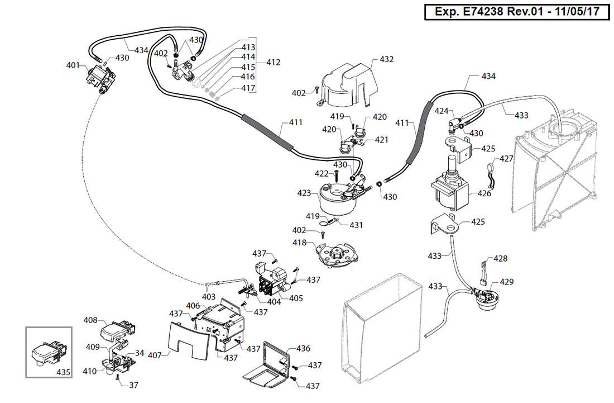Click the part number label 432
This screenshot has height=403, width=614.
[387, 59]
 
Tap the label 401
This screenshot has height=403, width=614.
[73, 65]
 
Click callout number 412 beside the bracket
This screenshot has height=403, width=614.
[273, 62]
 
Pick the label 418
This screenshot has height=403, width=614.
[300, 243]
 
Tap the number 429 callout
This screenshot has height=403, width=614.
[507, 282]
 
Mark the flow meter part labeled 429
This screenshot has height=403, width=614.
[486, 300]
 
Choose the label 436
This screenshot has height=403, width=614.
[303, 348]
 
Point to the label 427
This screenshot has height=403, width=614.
[506, 159]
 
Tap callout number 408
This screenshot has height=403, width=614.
[90, 320]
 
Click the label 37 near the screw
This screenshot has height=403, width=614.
[134, 385]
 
